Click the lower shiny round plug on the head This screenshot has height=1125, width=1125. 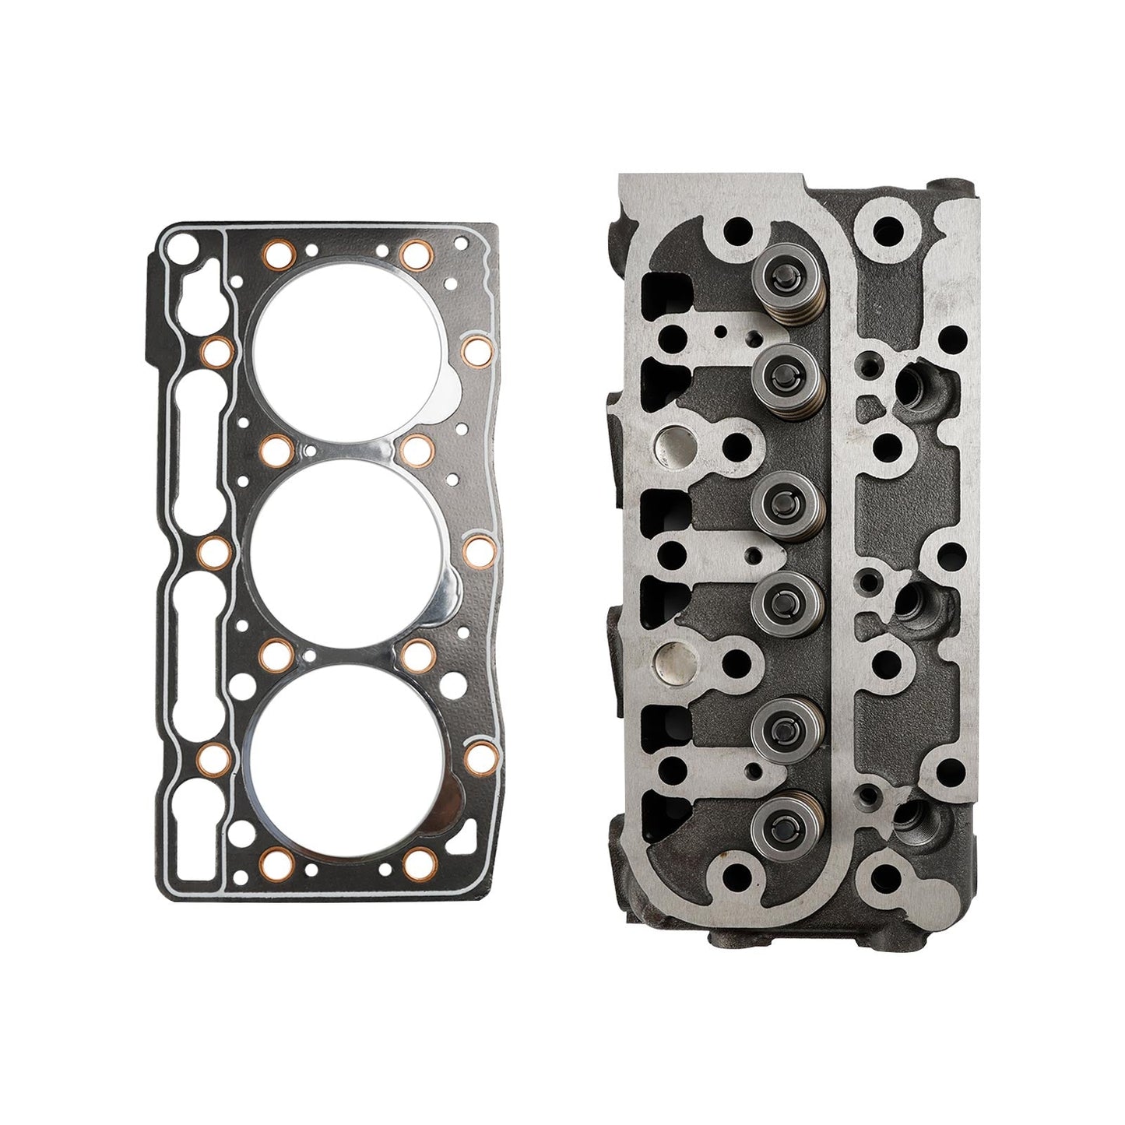pyautogui.click(x=676, y=659)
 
